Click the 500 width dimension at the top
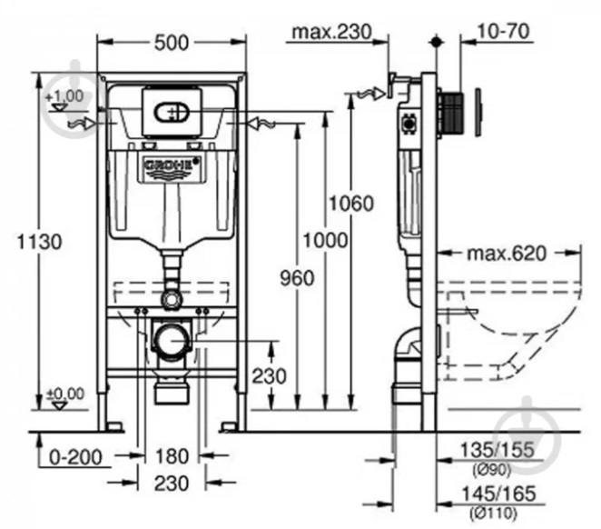pyautogui.click(x=172, y=43)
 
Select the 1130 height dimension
pyautogui.click(x=39, y=242)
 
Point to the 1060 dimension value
pyautogui.click(x=351, y=204)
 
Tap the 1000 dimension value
pyautogui.click(x=325, y=241)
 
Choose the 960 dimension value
pyautogui.click(x=297, y=278)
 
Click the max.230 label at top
pyautogui.click(x=332, y=32)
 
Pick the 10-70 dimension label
pyautogui.click(x=504, y=31)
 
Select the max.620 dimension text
pyautogui.click(x=507, y=254)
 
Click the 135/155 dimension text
pyautogui.click(x=498, y=450)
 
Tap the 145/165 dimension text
pyautogui.click(x=498, y=494)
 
